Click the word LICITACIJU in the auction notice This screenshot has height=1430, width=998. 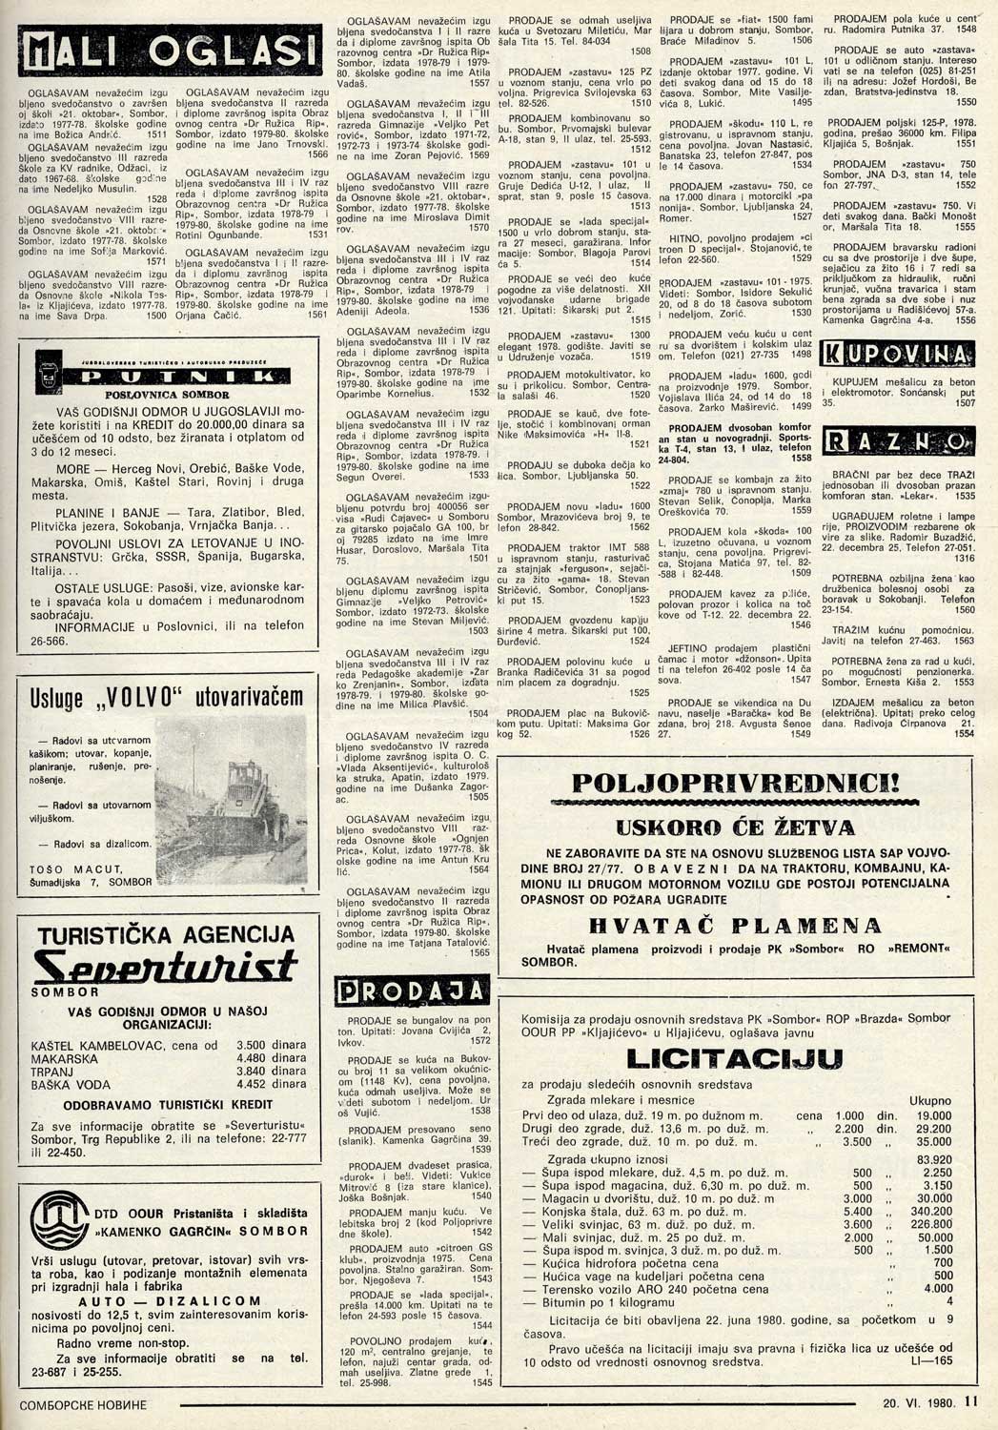pos(734,1058)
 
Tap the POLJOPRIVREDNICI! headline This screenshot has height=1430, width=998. pos(734,784)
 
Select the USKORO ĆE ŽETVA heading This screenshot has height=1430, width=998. pos(734,827)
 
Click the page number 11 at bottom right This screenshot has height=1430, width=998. pos(970,1402)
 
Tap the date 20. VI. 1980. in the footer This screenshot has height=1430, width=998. pos(918,1403)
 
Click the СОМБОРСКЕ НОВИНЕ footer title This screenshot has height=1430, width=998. pos(84,1405)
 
